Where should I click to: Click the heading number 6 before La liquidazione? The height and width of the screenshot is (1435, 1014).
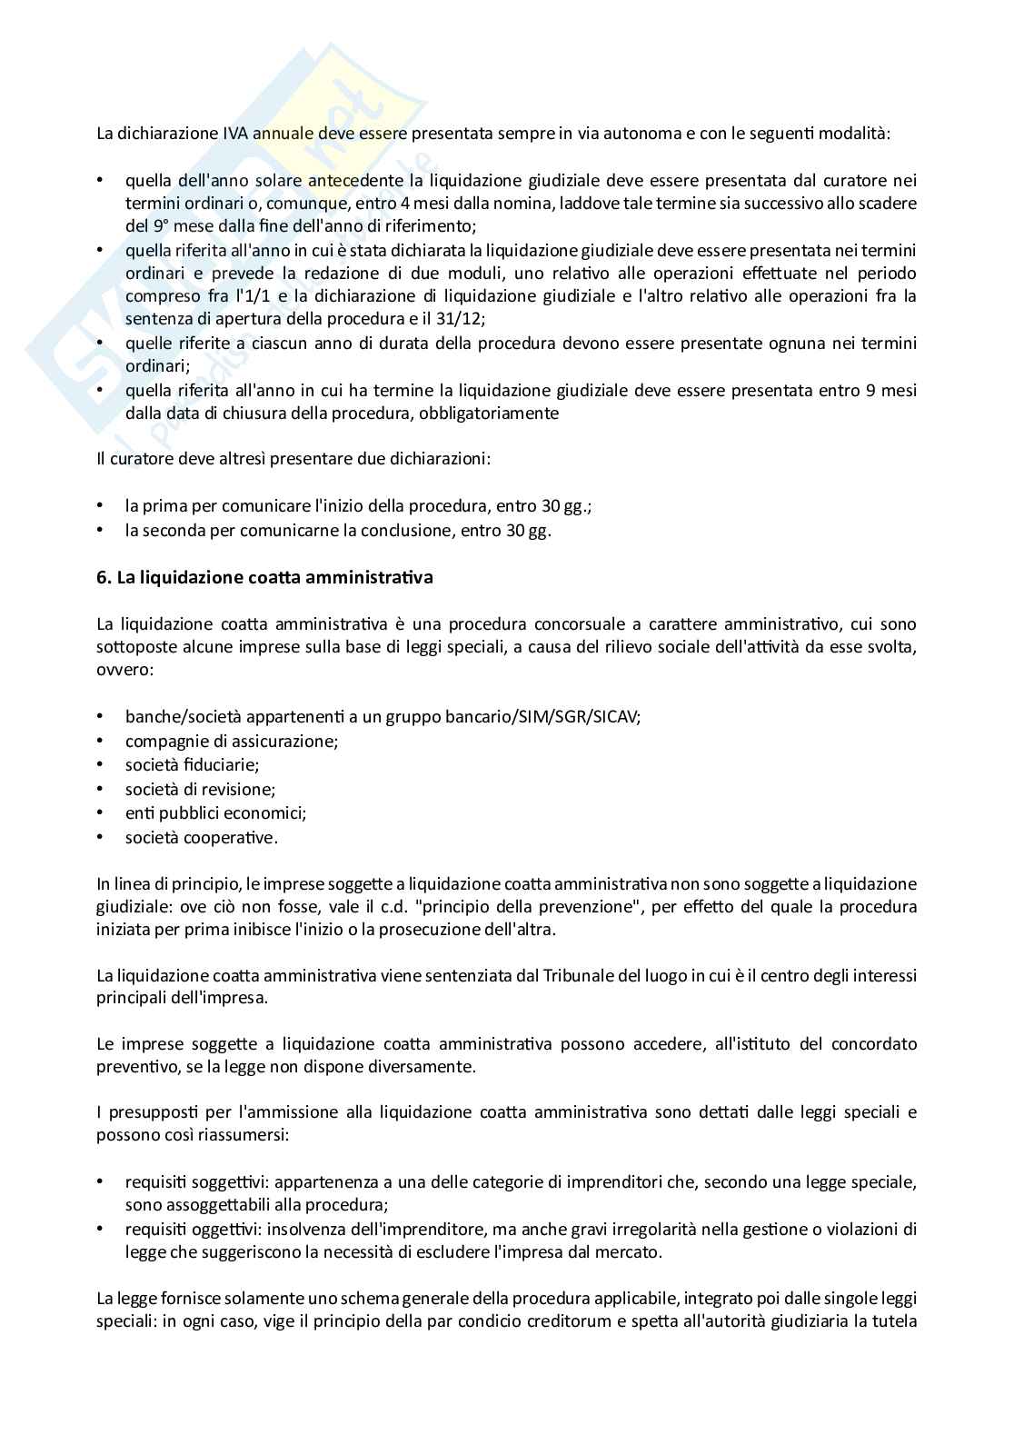(x=103, y=578)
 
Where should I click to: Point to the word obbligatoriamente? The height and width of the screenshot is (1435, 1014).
(x=495, y=414)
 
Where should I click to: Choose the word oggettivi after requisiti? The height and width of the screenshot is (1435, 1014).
(x=224, y=1230)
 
